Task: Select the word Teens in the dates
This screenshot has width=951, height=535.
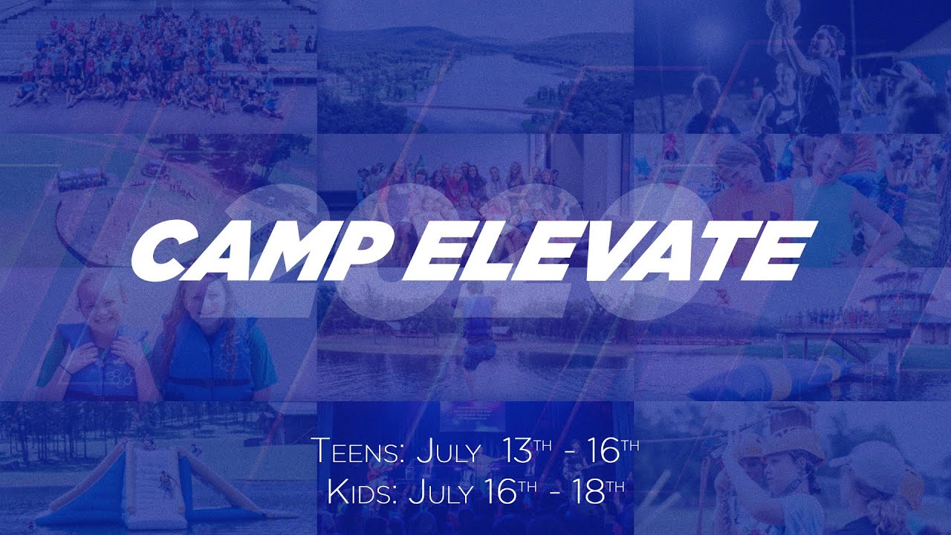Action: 355,452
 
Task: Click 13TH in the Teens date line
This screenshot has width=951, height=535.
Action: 526,451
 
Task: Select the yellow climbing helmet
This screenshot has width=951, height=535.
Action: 796,445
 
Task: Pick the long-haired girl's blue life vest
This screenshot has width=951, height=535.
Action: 208,364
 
